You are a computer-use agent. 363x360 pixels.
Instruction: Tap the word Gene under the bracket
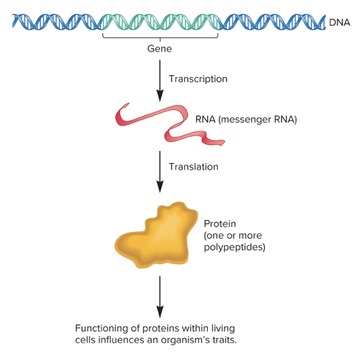[x=159, y=49]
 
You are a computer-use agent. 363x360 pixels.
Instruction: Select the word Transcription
[x=198, y=79]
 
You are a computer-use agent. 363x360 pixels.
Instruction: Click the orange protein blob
[x=157, y=236]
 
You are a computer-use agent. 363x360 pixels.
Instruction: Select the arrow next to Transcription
[x=160, y=79]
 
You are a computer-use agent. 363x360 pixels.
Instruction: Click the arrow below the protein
[x=160, y=295]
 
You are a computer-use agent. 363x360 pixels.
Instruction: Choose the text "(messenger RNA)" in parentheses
[x=257, y=120]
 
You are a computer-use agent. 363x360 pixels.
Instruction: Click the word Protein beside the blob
[x=220, y=224]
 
